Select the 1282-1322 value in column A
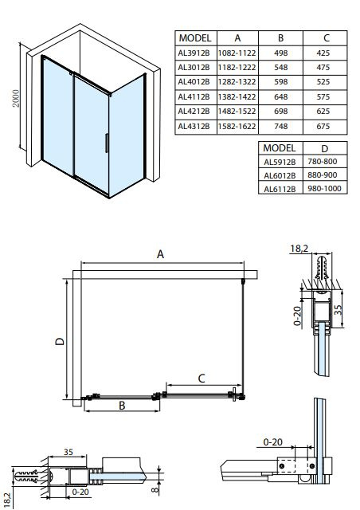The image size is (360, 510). coord(237,81)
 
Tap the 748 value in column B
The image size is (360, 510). coord(280,126)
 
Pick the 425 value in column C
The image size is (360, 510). coord(323,53)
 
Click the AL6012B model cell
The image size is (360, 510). coord(280,175)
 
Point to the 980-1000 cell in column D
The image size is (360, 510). coord(324,189)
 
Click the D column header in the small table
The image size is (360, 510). coord(324,149)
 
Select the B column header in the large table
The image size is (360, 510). coord(280,38)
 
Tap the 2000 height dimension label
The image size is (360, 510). coord(16,98)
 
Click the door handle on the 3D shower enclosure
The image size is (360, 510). coord(107,143)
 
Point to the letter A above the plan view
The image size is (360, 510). coord(160,254)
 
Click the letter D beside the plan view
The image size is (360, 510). coord(60,341)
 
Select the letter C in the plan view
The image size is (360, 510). coord(202,379)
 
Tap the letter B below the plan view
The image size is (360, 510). coord(122,406)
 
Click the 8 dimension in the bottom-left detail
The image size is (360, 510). coord(155,488)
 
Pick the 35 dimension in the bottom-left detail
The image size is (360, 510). coord(68,452)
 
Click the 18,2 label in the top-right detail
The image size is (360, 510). coord(299,249)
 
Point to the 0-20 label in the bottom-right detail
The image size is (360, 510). coord(272,442)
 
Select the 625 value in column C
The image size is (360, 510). coord(323,111)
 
